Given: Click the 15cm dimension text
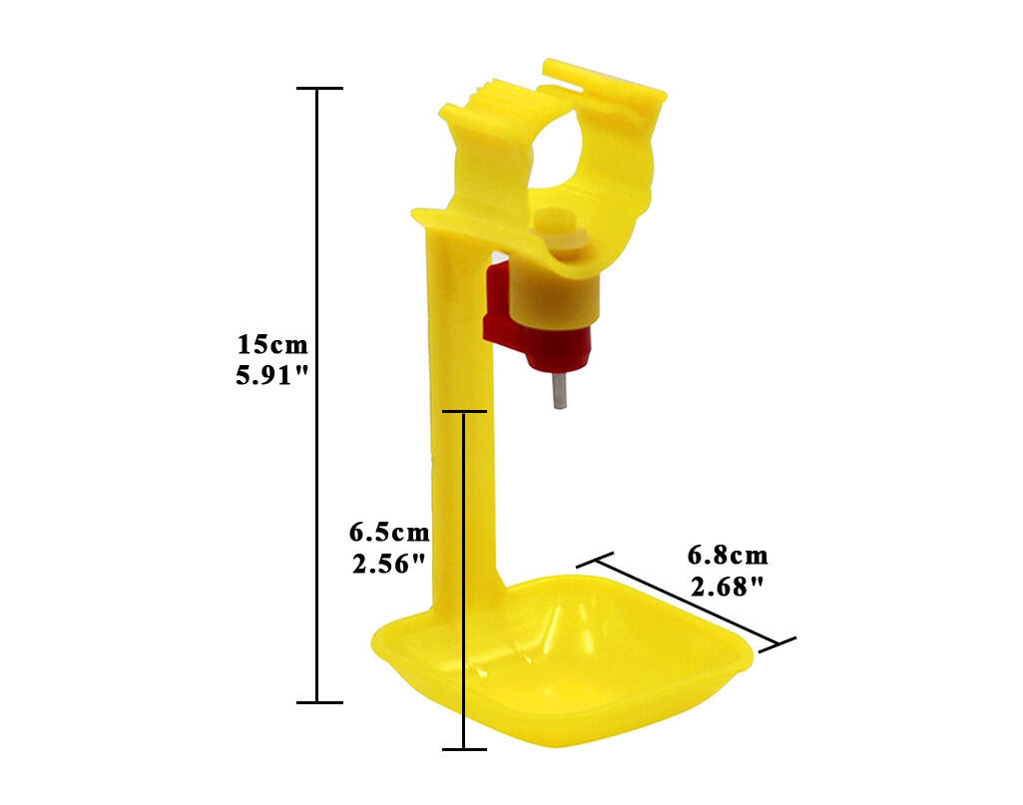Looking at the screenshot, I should [272, 346].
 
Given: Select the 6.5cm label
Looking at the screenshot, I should [389, 532].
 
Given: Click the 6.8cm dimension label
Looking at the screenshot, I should [728, 556].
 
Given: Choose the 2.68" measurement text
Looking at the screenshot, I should [728, 587].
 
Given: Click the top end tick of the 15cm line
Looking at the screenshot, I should [317, 89].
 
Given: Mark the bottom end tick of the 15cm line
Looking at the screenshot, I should [317, 702].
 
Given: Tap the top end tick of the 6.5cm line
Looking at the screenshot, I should [465, 411].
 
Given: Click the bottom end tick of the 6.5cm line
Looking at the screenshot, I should [465, 749].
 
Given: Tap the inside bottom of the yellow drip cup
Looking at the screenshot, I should [579, 668].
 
